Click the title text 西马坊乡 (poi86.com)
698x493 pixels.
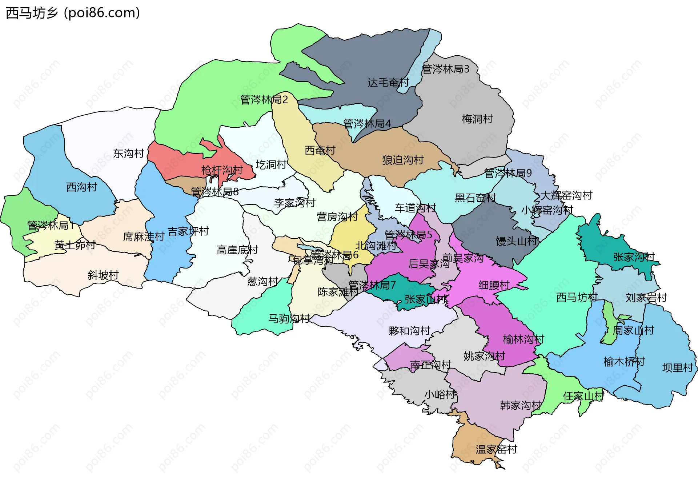click(73, 13)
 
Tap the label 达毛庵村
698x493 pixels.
click(388, 83)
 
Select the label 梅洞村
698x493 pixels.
click(477, 119)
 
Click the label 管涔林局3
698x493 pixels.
click(445, 69)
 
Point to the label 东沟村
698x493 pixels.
click(129, 154)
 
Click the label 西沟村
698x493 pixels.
click(82, 187)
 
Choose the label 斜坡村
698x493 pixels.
click(103, 275)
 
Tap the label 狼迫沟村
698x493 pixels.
click(403, 160)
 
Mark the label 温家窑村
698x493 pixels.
click(496, 449)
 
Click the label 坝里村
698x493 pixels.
click(677, 368)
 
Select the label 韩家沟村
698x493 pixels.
click(521, 405)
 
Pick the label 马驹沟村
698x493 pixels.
click(289, 319)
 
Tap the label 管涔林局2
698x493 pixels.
click(264, 99)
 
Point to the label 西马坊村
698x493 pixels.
click(577, 297)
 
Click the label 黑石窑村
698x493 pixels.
click(475, 198)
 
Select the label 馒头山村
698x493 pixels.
click(516, 241)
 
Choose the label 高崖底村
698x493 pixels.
click(237, 250)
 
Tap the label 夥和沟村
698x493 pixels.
click(409, 331)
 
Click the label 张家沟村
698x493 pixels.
click(634, 257)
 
